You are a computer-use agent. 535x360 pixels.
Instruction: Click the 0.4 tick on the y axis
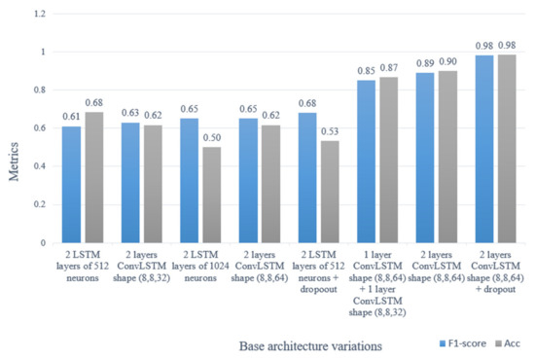pyautogui.click(x=38, y=166)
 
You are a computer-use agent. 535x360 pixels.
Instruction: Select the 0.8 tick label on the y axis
pyautogui.click(x=38, y=90)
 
